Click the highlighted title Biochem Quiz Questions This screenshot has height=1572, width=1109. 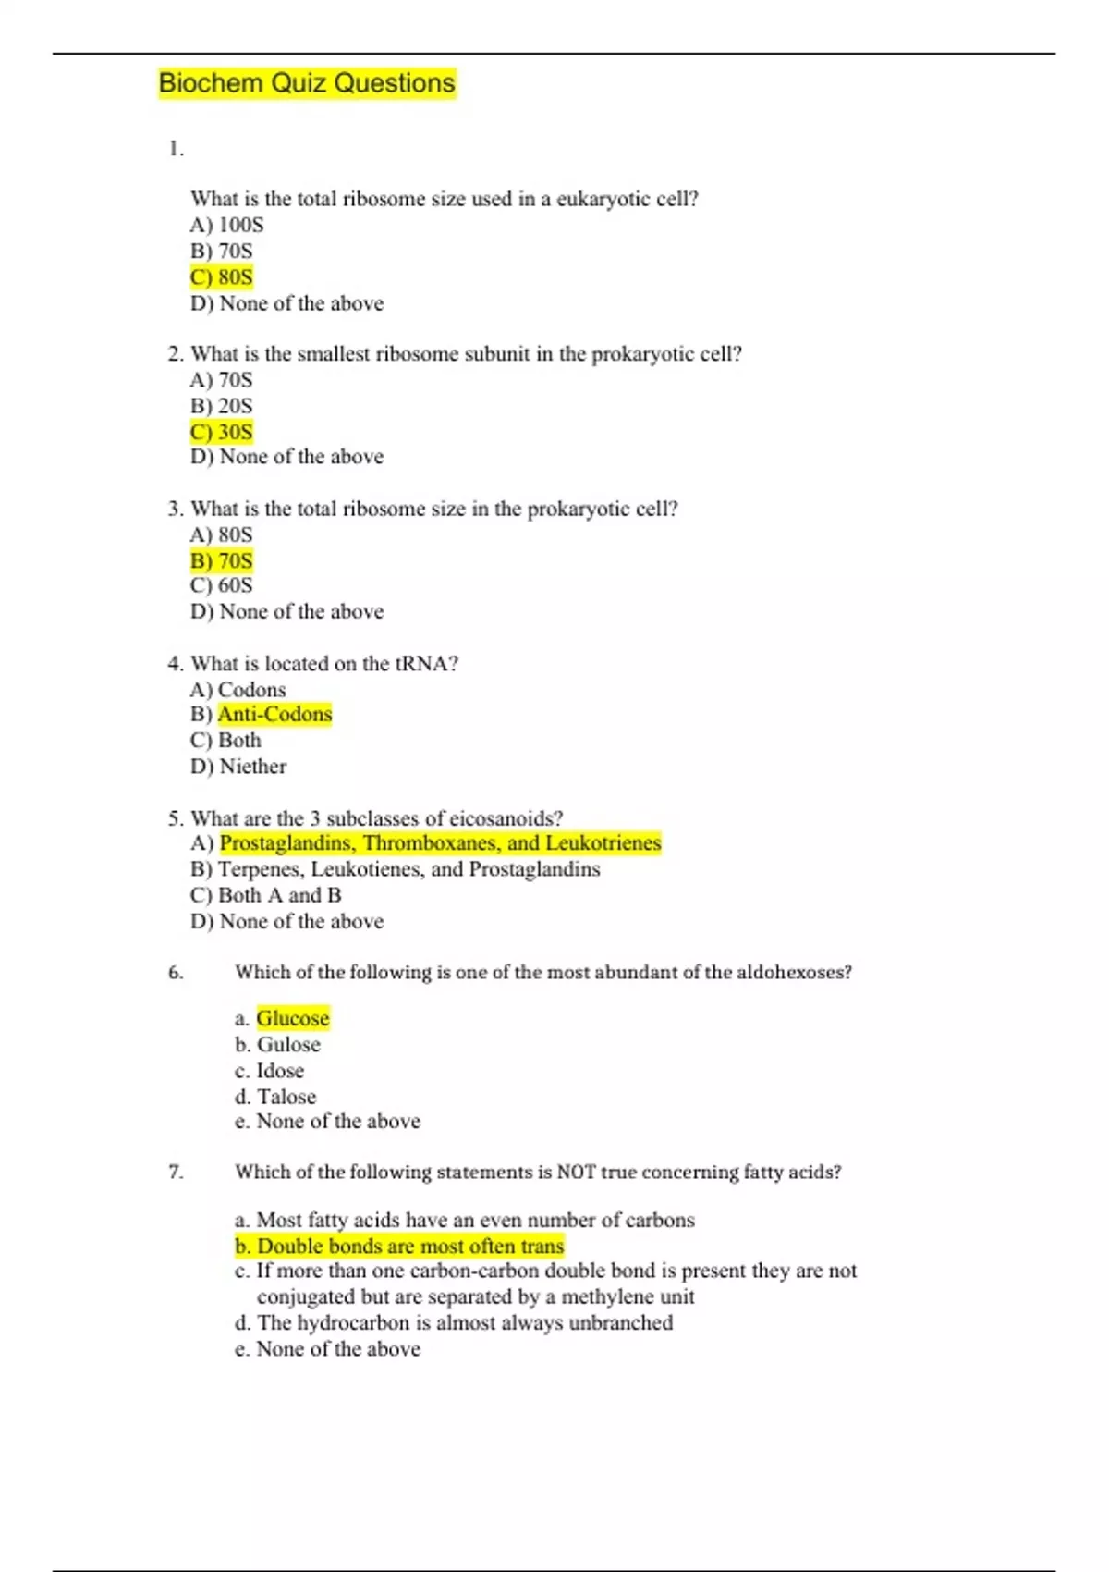307,83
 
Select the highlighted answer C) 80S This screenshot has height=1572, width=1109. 222,276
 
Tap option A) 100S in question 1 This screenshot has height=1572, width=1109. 227,225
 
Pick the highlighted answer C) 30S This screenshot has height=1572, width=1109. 222,432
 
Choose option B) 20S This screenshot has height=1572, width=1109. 222,406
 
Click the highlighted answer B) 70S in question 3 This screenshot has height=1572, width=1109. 222,560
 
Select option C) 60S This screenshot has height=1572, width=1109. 222,585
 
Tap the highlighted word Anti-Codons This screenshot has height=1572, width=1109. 274,714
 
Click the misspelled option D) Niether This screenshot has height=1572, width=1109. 238,767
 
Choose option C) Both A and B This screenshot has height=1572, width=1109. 266,895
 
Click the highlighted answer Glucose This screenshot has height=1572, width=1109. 292,1018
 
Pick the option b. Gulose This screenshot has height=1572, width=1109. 277,1045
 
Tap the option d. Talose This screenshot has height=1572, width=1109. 275,1097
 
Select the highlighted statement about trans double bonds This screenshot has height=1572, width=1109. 399,1246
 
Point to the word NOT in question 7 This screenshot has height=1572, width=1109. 576,1172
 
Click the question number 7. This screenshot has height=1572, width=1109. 176,1172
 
